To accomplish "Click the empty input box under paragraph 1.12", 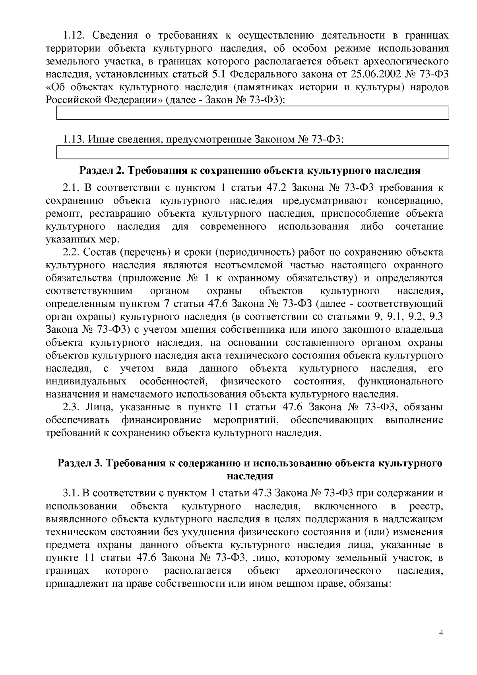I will [253, 113].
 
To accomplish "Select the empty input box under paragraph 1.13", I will [253, 153].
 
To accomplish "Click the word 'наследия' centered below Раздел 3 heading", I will [250, 476].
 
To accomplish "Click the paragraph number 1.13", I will [74, 140].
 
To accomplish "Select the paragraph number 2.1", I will [72, 188].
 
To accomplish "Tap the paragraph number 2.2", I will [72, 252].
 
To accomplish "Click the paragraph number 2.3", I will [72, 407].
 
